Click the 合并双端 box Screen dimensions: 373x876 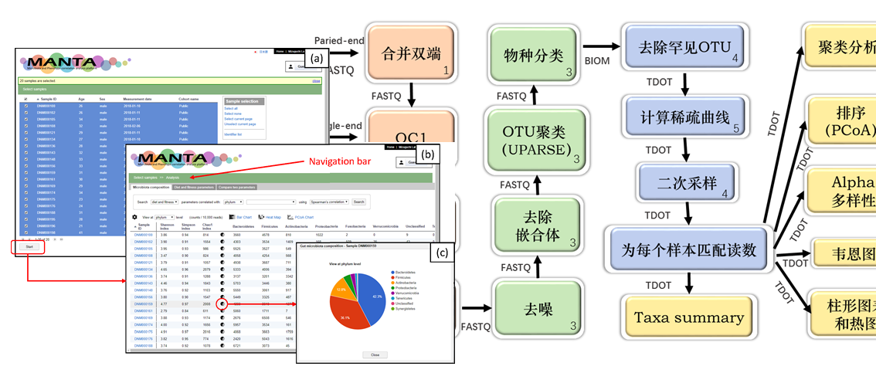tap(411, 55)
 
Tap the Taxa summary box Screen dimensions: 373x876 tap(688, 317)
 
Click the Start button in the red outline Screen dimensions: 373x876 tap(29, 246)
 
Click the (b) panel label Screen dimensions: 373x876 tap(426, 155)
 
